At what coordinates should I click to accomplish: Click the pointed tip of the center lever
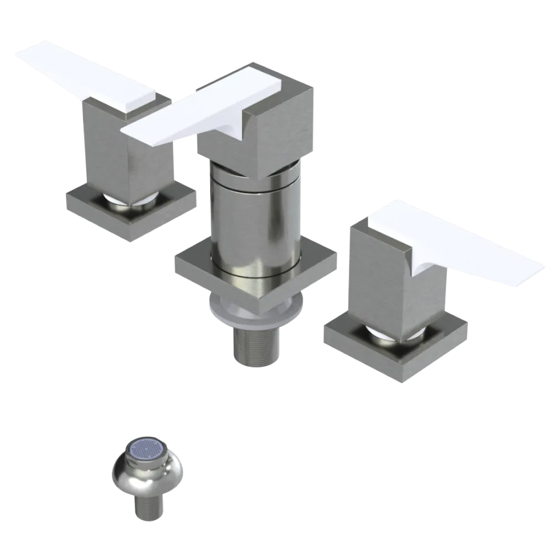pyautogui.click(x=126, y=132)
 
